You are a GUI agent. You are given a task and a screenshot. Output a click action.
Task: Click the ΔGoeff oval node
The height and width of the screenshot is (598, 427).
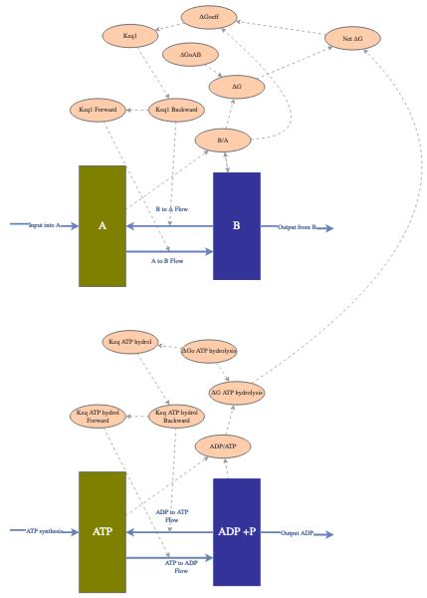click(x=210, y=16)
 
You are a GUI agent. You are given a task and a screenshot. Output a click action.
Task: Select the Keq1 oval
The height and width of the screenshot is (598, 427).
click(x=131, y=37)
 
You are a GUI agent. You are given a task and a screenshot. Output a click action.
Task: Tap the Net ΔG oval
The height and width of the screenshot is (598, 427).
click(x=353, y=39)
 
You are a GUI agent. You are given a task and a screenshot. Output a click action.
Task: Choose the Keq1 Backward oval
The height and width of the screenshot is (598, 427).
click(x=175, y=109)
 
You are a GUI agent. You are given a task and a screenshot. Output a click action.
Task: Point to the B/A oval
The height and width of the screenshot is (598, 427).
click(x=223, y=141)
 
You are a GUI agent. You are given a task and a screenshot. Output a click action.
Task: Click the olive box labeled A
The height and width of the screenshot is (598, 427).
click(x=103, y=226)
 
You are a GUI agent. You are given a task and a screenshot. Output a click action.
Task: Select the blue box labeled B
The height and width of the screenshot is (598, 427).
click(x=237, y=226)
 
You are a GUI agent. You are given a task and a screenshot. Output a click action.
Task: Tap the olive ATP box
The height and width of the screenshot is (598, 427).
click(x=103, y=531)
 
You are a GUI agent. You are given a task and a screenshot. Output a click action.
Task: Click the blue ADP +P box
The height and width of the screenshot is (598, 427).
click(x=237, y=531)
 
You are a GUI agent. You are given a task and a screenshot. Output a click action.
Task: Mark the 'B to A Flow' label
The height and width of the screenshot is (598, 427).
click(x=171, y=209)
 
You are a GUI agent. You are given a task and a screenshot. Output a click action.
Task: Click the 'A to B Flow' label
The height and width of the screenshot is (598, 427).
click(x=166, y=261)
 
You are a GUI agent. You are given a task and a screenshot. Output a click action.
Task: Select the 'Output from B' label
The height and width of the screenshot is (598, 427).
click(x=297, y=227)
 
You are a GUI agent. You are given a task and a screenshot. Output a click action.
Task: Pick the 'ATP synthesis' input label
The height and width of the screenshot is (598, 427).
click(x=45, y=531)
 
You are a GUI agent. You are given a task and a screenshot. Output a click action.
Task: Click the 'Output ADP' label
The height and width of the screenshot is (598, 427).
click(x=297, y=532)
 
